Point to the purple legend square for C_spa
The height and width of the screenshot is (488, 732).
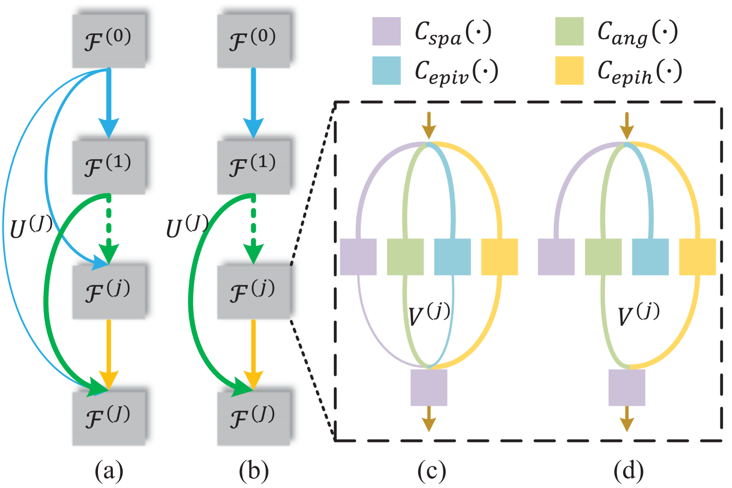[x=386, y=31]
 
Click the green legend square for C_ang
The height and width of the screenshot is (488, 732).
[x=569, y=31]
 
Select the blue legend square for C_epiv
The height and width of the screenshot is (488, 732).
[x=386, y=71]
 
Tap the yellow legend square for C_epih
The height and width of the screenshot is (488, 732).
[x=569, y=71]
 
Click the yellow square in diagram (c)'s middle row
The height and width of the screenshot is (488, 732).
[x=499, y=257]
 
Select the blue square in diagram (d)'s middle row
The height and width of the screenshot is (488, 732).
[x=650, y=257]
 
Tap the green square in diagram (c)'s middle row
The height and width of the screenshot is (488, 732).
[x=405, y=257]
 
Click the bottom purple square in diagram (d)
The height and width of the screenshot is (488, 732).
[x=627, y=387]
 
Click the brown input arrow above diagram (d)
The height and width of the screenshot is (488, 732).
[x=627, y=125]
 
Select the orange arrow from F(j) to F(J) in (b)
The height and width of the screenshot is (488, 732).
[x=253, y=353]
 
